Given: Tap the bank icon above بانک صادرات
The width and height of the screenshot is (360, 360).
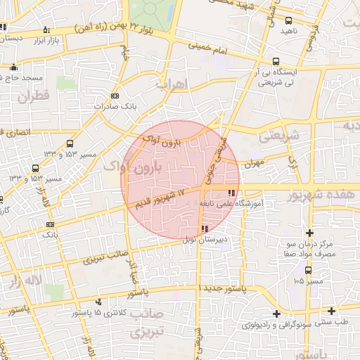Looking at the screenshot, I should (x=115, y=96).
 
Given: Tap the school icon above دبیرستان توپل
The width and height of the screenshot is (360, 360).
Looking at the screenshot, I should (x=204, y=229).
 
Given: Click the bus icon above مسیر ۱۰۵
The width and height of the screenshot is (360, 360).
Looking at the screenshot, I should (x=308, y=269).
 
